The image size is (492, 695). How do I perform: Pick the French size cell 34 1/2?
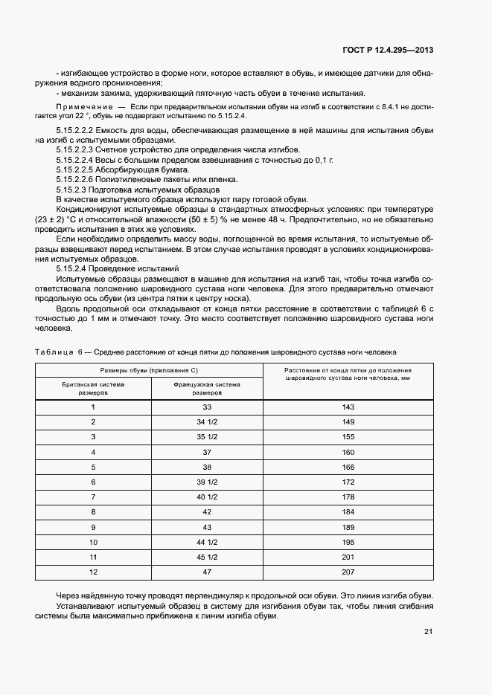click(x=207, y=422)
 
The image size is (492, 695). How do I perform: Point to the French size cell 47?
click(x=207, y=572)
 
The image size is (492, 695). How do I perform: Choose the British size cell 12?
click(x=93, y=572)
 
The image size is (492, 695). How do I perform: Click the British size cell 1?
click(x=93, y=407)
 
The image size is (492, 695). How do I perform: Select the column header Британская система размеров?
click(x=93, y=389)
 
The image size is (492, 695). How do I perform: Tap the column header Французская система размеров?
click(x=207, y=389)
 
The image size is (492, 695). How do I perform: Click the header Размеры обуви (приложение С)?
click(x=150, y=370)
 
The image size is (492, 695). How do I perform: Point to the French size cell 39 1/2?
click(x=207, y=482)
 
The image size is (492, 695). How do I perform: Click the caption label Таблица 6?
click(x=58, y=351)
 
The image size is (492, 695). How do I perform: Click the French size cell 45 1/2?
click(x=207, y=557)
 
